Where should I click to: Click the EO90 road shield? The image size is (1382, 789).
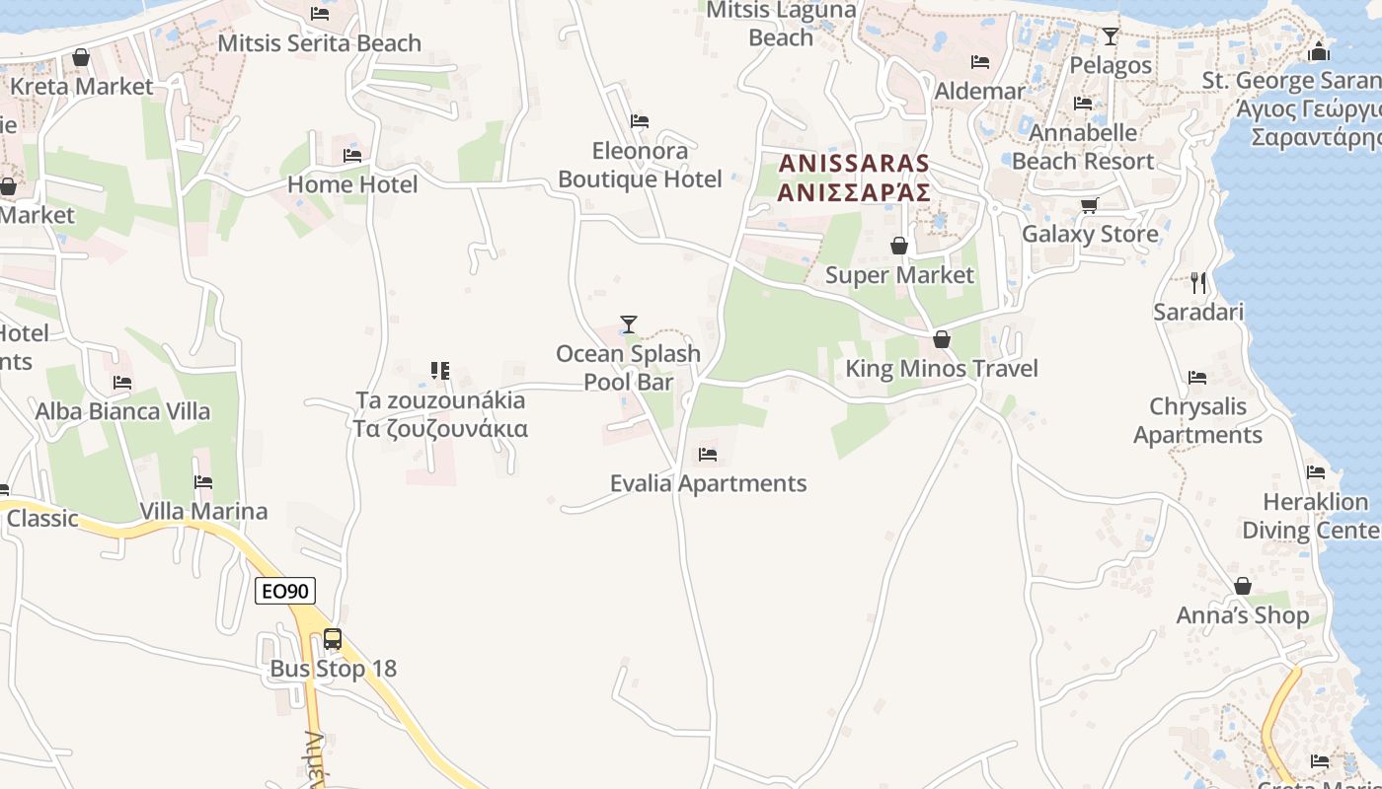click(x=285, y=591)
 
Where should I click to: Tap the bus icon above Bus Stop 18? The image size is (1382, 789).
click(x=333, y=639)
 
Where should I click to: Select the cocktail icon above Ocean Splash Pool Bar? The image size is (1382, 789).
click(x=628, y=323)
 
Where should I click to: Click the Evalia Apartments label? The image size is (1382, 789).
click(x=708, y=483)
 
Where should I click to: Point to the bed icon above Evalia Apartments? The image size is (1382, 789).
click(x=707, y=455)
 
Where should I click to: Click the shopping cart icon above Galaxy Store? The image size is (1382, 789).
click(x=1089, y=205)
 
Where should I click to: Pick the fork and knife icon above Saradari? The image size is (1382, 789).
click(x=1198, y=283)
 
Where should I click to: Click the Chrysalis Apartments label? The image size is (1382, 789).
click(x=1197, y=420)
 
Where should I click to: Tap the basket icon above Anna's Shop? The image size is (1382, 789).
click(x=1242, y=586)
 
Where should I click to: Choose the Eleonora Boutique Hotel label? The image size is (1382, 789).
click(x=640, y=165)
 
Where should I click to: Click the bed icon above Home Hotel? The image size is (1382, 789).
click(x=351, y=155)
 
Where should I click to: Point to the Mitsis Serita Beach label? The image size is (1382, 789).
click(x=319, y=43)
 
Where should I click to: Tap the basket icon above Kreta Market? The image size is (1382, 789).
click(x=81, y=57)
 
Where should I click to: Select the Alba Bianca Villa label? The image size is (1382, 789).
click(x=122, y=411)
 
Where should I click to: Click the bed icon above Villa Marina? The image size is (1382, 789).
click(x=203, y=482)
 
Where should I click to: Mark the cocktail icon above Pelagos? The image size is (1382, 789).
click(x=1111, y=36)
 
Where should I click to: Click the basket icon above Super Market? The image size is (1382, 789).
click(x=898, y=245)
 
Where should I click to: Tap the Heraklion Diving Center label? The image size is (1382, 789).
click(x=1311, y=516)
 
